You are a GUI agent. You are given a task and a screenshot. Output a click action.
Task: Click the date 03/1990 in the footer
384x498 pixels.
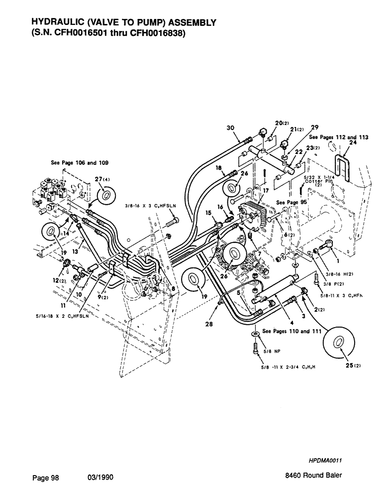(100, 477)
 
